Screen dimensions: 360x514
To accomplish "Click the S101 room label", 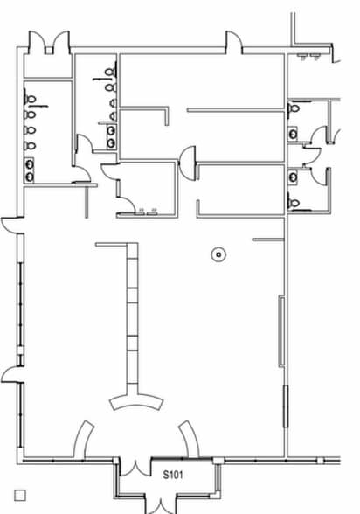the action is click(x=173, y=475).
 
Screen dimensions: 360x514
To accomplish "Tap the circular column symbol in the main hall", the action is click(x=218, y=254).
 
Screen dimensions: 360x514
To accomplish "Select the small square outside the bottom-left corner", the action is click(x=20, y=496).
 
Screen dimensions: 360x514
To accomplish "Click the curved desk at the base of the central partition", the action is click(x=136, y=404).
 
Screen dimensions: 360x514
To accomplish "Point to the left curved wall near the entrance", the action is click(x=82, y=439).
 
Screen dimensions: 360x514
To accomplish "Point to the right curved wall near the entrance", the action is click(x=190, y=439).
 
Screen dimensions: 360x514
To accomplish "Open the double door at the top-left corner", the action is click(x=49, y=42).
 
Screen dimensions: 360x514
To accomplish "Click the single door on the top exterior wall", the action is click(x=234, y=42).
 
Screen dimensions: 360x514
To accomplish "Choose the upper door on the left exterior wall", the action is click(x=12, y=225).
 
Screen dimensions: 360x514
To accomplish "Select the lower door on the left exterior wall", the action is click(x=12, y=374).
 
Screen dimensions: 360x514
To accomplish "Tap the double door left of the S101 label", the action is click(x=135, y=468).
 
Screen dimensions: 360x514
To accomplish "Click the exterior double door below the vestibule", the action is click(x=161, y=506).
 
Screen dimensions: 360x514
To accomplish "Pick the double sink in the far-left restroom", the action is click(x=29, y=170).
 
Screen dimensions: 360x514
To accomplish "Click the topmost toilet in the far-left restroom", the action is click(x=30, y=99).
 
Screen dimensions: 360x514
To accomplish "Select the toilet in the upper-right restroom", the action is click(x=294, y=108).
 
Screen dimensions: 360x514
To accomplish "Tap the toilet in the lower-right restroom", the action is click(x=294, y=204).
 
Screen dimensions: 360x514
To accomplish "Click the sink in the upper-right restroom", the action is click(x=293, y=134).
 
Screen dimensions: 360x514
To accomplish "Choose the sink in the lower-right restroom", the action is click(x=293, y=177).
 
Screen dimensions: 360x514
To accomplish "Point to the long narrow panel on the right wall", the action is click(x=281, y=330).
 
